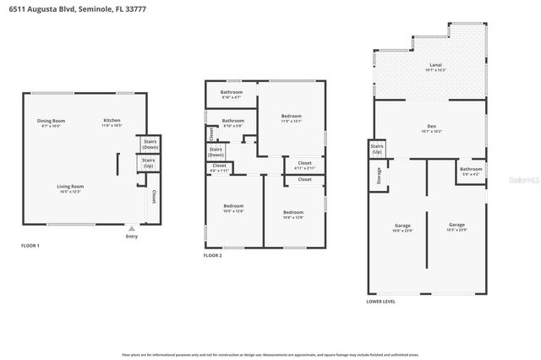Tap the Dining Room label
pos(51,123)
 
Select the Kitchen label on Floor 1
pos(112,123)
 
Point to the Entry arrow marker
pos(131,228)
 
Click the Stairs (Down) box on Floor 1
pos(150,145)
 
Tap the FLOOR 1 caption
pos(30,246)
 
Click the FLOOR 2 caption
pos(213,255)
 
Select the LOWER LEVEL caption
pos(380,301)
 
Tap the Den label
pos(431,129)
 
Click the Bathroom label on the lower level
pos(471,172)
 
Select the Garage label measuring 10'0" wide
pos(402,227)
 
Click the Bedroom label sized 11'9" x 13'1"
pos(291,118)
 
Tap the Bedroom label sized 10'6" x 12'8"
pos(233,209)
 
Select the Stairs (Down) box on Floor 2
pos(216,152)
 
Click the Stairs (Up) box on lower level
pos(378,150)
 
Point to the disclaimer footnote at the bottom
pos(270,353)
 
